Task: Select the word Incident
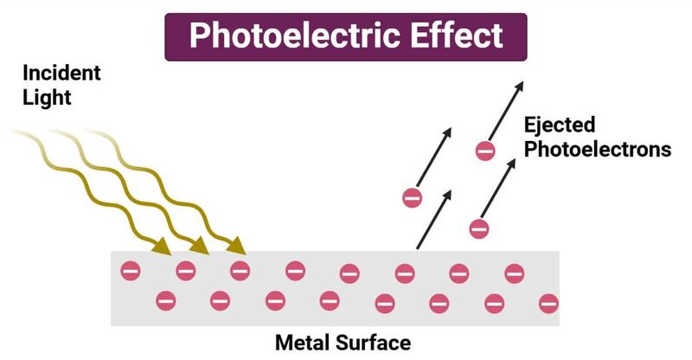pos(61,73)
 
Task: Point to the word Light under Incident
pos(47,98)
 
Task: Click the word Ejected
pos(560,125)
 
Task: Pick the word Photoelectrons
pos(598,150)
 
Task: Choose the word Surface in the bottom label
pos(374,343)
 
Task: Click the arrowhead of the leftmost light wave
pos(163,247)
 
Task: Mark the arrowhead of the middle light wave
pos(201,246)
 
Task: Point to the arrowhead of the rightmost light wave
pos(237,246)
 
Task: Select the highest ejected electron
pos(485,151)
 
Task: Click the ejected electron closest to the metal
pos(479,228)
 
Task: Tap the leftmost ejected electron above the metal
pos(413,198)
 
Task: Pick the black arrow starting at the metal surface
pos(434,220)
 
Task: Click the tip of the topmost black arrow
pos(523,81)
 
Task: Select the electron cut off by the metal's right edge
pos(549,304)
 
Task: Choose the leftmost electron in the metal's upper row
pos(131,270)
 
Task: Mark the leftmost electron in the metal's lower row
pos(166,301)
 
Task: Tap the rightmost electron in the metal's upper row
pos(514,273)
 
